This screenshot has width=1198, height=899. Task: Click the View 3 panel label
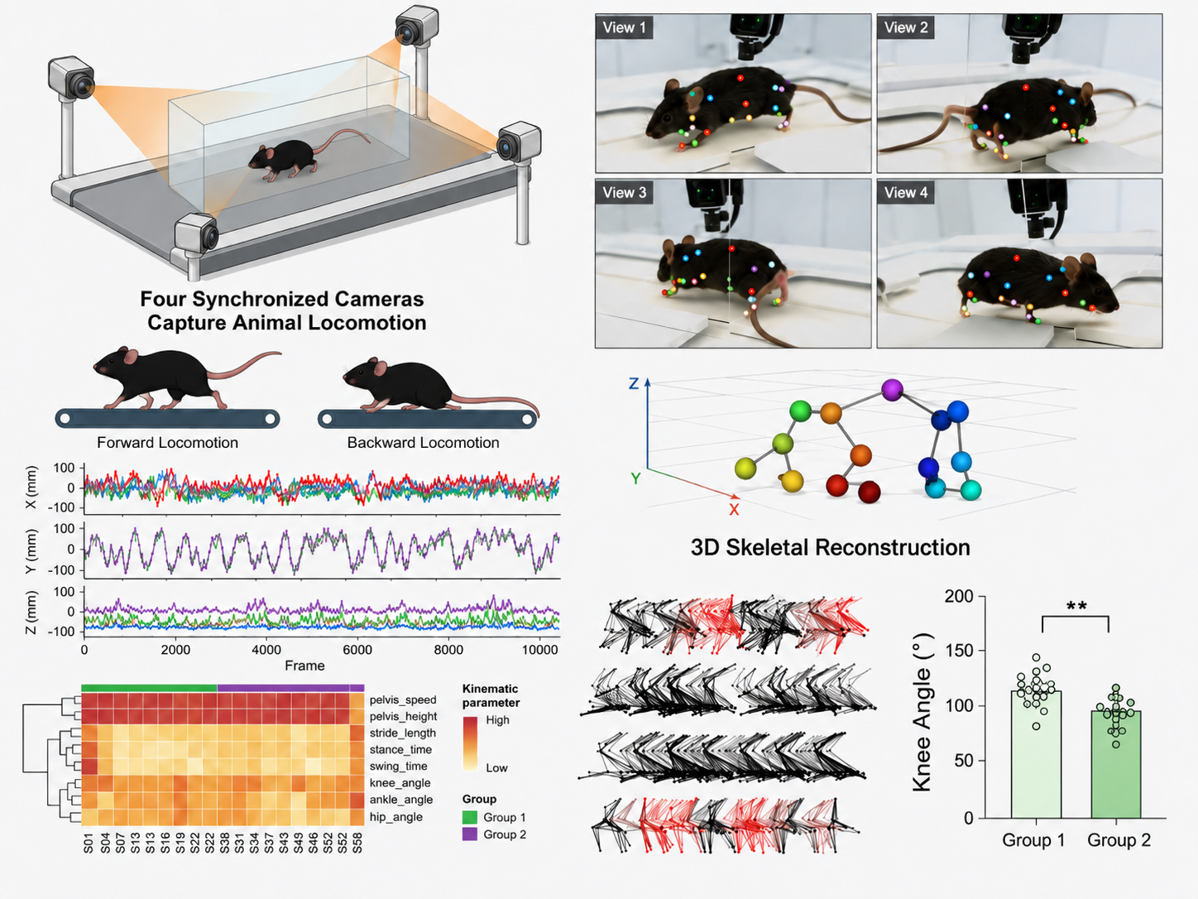point(625,193)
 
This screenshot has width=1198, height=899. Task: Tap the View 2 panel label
point(906,27)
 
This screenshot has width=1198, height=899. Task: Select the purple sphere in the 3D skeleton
point(892,390)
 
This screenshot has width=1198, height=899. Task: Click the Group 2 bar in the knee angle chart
point(1116,764)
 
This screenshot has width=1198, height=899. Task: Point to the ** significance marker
point(1076,606)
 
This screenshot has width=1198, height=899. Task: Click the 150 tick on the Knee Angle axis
point(959,651)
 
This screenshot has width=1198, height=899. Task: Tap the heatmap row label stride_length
point(402,733)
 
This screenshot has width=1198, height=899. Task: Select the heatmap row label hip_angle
point(395,817)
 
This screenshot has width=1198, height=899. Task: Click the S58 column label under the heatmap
point(357,843)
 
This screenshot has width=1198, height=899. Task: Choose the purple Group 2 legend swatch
point(469,834)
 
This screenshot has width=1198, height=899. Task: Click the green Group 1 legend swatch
point(469,817)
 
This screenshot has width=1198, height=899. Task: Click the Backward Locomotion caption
point(423,442)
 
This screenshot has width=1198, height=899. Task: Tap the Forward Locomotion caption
point(168,442)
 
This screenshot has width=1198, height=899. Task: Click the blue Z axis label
point(633,383)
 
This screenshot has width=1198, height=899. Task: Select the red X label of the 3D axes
point(734,510)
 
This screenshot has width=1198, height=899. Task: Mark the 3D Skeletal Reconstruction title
point(830,547)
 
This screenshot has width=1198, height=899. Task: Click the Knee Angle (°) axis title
point(922,712)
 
